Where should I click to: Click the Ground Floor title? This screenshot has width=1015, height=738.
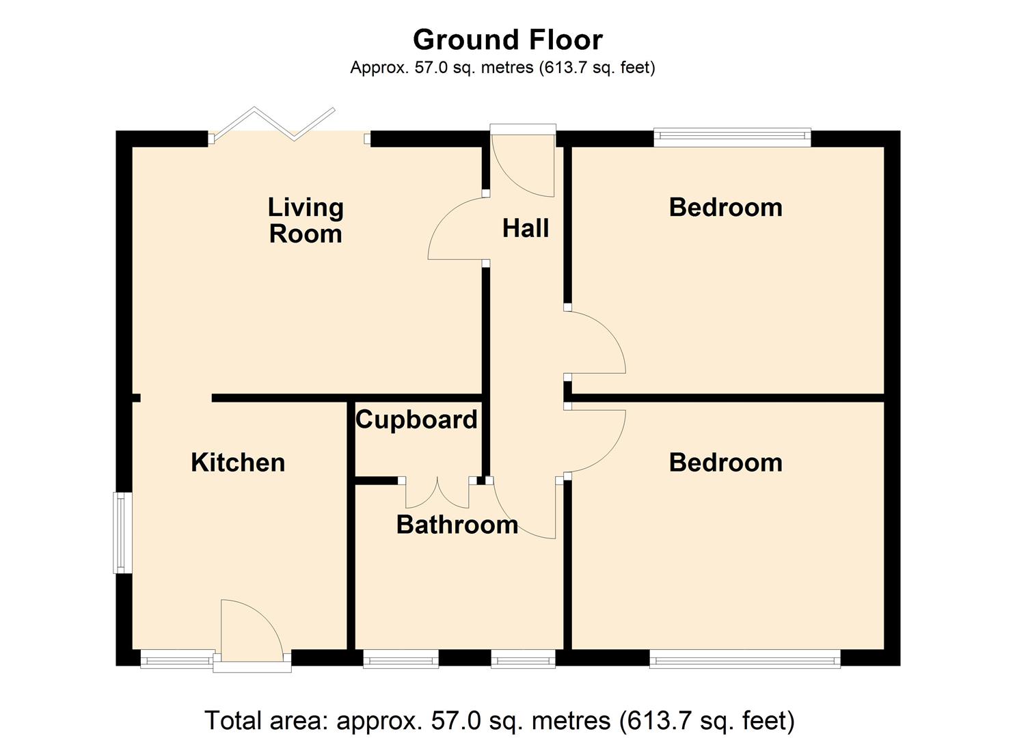(507, 40)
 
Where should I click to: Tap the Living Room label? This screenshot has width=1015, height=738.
(305, 220)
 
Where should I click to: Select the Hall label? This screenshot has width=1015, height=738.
(525, 228)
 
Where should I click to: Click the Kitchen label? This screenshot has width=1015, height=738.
(238, 463)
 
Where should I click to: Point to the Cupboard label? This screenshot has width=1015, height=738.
(416, 420)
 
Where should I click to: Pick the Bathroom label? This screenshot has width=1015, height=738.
(457, 525)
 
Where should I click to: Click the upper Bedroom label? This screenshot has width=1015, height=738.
(725, 207)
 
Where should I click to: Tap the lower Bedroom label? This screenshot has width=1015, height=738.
(725, 463)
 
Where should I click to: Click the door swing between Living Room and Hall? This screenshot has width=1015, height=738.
(455, 229)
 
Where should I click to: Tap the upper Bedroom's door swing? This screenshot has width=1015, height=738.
(595, 342)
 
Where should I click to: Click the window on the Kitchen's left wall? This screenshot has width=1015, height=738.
(121, 533)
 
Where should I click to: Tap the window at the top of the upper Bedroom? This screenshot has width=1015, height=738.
(732, 137)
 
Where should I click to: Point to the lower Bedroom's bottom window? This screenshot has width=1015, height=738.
(744, 660)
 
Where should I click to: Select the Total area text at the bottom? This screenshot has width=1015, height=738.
(500, 720)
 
